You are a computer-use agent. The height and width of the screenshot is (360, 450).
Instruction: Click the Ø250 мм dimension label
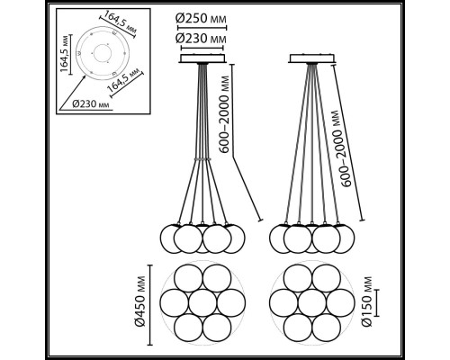(201, 19)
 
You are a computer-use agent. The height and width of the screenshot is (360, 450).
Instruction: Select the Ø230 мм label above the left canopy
(201, 39)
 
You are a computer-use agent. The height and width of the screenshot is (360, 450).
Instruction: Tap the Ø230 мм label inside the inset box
(91, 104)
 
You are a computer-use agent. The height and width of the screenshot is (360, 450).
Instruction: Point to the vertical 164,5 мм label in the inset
(64, 54)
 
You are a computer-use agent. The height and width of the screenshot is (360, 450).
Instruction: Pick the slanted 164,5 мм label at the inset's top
(117, 22)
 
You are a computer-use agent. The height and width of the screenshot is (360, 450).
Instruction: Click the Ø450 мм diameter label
(139, 301)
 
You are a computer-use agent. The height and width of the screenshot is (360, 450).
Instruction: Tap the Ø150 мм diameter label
(366, 301)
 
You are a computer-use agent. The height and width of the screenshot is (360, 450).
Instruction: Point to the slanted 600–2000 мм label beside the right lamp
(340, 148)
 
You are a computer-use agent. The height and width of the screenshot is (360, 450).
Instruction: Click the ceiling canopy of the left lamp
(202, 58)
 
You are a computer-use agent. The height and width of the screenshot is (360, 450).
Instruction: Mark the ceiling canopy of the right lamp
(311, 58)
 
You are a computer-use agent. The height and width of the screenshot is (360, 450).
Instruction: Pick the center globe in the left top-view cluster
(202, 302)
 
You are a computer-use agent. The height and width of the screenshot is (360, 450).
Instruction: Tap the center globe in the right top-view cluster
(311, 302)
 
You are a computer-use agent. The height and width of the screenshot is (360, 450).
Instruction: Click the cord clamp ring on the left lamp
(202, 159)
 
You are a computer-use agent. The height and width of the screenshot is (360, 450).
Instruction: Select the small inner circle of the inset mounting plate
(103, 53)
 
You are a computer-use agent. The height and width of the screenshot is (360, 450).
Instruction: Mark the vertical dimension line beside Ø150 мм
(377, 302)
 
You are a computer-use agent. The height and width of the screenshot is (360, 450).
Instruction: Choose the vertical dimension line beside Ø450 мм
(151, 305)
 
